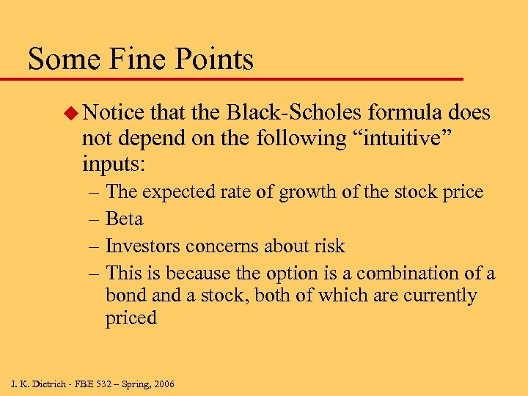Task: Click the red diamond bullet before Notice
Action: pyautogui.click(x=70, y=113)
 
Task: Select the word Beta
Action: pyautogui.click(x=124, y=219)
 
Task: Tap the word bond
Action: pyautogui.click(x=125, y=296)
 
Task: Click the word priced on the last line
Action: pyautogui.click(x=131, y=319)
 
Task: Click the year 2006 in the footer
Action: pyautogui.click(x=163, y=384)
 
